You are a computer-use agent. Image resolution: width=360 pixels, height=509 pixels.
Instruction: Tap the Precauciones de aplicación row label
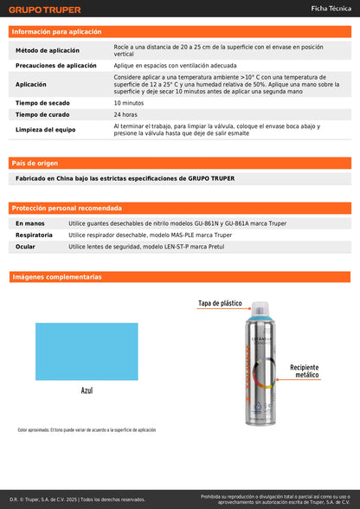(56, 66)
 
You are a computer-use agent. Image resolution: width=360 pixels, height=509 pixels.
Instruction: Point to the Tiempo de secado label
(42, 103)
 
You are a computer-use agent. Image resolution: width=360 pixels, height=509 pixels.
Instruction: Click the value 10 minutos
(129, 103)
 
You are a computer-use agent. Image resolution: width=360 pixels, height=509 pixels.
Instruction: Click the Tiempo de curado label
(42, 114)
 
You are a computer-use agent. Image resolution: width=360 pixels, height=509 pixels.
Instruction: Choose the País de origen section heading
(35, 163)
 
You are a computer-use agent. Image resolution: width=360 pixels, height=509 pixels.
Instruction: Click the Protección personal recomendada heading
(65, 209)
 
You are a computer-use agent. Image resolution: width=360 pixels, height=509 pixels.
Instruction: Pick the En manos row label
(30, 223)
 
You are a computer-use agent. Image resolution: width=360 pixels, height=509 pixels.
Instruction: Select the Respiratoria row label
(35, 235)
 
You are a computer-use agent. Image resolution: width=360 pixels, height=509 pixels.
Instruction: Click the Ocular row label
(26, 247)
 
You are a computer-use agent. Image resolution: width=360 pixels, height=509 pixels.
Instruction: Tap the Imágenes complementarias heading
(56, 277)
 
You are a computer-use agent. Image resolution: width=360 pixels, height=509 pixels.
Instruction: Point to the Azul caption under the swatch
(87, 390)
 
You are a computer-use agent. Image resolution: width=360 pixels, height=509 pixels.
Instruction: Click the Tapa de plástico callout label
(220, 304)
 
